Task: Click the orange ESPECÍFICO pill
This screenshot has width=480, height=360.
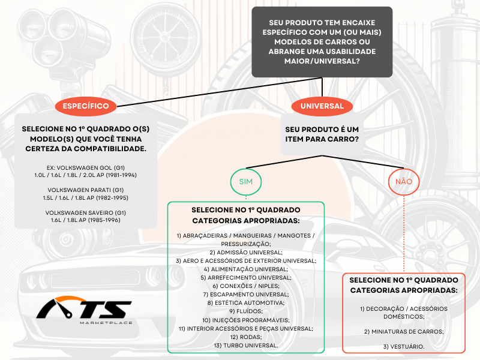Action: [x=86, y=106]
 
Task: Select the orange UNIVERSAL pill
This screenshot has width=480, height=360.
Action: [x=322, y=106]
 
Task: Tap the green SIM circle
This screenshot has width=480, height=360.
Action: [x=246, y=182]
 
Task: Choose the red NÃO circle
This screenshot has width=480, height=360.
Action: [x=404, y=182]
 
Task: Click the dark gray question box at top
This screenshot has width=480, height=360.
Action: [x=322, y=42]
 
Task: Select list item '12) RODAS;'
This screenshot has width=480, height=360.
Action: [x=246, y=337]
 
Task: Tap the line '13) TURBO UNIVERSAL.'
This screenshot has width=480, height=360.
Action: [x=246, y=346]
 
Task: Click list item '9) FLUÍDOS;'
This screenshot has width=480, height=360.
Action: [x=246, y=311]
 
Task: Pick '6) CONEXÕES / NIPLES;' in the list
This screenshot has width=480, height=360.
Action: [x=246, y=286]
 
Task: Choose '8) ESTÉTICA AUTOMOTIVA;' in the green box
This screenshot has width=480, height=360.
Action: [x=246, y=303]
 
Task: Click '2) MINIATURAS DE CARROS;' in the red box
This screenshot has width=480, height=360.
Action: [x=404, y=332]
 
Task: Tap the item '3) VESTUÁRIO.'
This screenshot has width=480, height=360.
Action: [x=404, y=347]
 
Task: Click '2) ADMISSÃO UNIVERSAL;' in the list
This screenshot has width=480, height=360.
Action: [x=246, y=253]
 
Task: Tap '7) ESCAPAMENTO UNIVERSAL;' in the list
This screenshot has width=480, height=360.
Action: [x=246, y=295]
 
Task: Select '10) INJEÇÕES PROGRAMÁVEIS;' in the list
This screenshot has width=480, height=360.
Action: [x=246, y=320]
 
